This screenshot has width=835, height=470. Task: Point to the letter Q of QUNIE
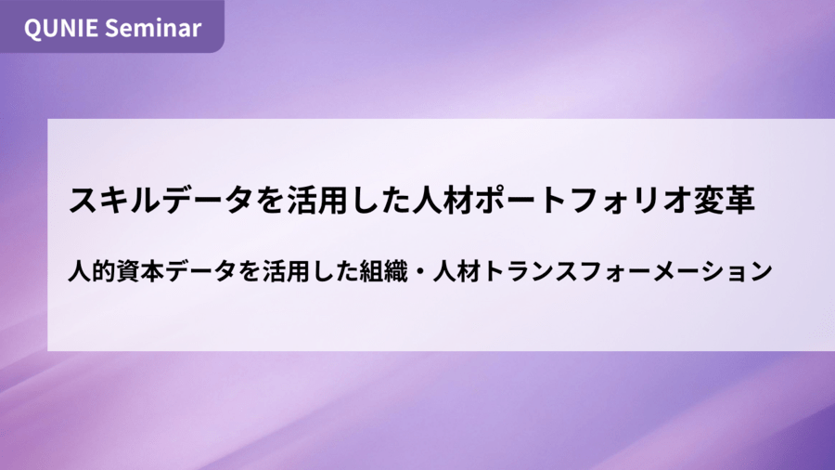click(x=32, y=29)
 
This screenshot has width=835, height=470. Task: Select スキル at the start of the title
click(x=115, y=201)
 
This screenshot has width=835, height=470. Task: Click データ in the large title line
click(x=208, y=201)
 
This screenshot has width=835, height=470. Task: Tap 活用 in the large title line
click(x=318, y=201)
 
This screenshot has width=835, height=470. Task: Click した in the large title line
click(x=380, y=201)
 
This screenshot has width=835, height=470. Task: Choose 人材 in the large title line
click(x=442, y=201)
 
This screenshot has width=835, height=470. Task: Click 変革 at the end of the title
click(x=725, y=201)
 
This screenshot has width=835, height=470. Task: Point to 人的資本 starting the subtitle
click(x=116, y=271)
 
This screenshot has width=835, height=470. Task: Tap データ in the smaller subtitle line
click(x=200, y=271)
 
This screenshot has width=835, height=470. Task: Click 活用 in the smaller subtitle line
click(x=286, y=271)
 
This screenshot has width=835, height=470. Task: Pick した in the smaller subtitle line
click(x=334, y=271)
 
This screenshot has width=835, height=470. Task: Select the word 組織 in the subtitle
click(x=383, y=271)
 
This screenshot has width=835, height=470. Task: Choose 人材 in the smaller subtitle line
click(x=456, y=271)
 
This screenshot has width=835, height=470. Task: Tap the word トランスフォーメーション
click(x=627, y=271)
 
